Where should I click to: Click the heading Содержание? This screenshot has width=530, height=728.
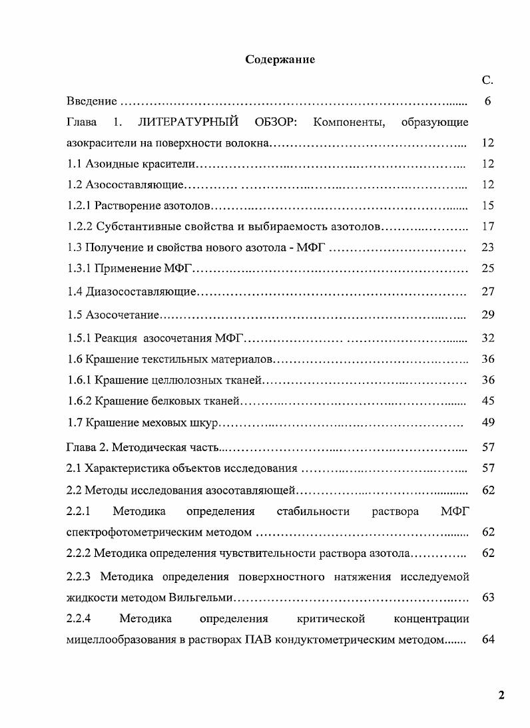point(280,60)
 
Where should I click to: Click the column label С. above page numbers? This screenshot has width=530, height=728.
point(487,81)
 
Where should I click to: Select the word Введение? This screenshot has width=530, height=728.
point(92,101)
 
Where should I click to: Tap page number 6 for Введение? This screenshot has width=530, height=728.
point(487,101)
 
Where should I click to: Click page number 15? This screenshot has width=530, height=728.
point(487,206)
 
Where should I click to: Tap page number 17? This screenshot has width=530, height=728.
point(487,226)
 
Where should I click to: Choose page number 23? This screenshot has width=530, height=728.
point(487,248)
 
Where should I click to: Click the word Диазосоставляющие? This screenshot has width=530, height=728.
point(140,291)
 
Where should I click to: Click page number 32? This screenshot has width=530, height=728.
point(487,338)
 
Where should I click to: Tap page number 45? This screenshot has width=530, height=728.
point(487,401)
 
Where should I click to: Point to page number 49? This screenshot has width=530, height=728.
point(487,423)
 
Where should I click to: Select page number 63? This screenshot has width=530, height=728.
point(487,598)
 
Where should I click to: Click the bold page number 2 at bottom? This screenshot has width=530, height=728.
point(501,696)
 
